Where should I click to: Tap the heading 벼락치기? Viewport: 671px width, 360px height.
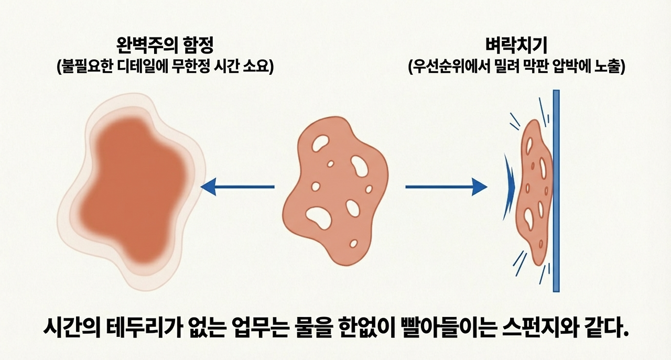516,46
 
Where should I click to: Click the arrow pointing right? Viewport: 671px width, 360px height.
446,187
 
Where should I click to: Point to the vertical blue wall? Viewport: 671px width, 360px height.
556,191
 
